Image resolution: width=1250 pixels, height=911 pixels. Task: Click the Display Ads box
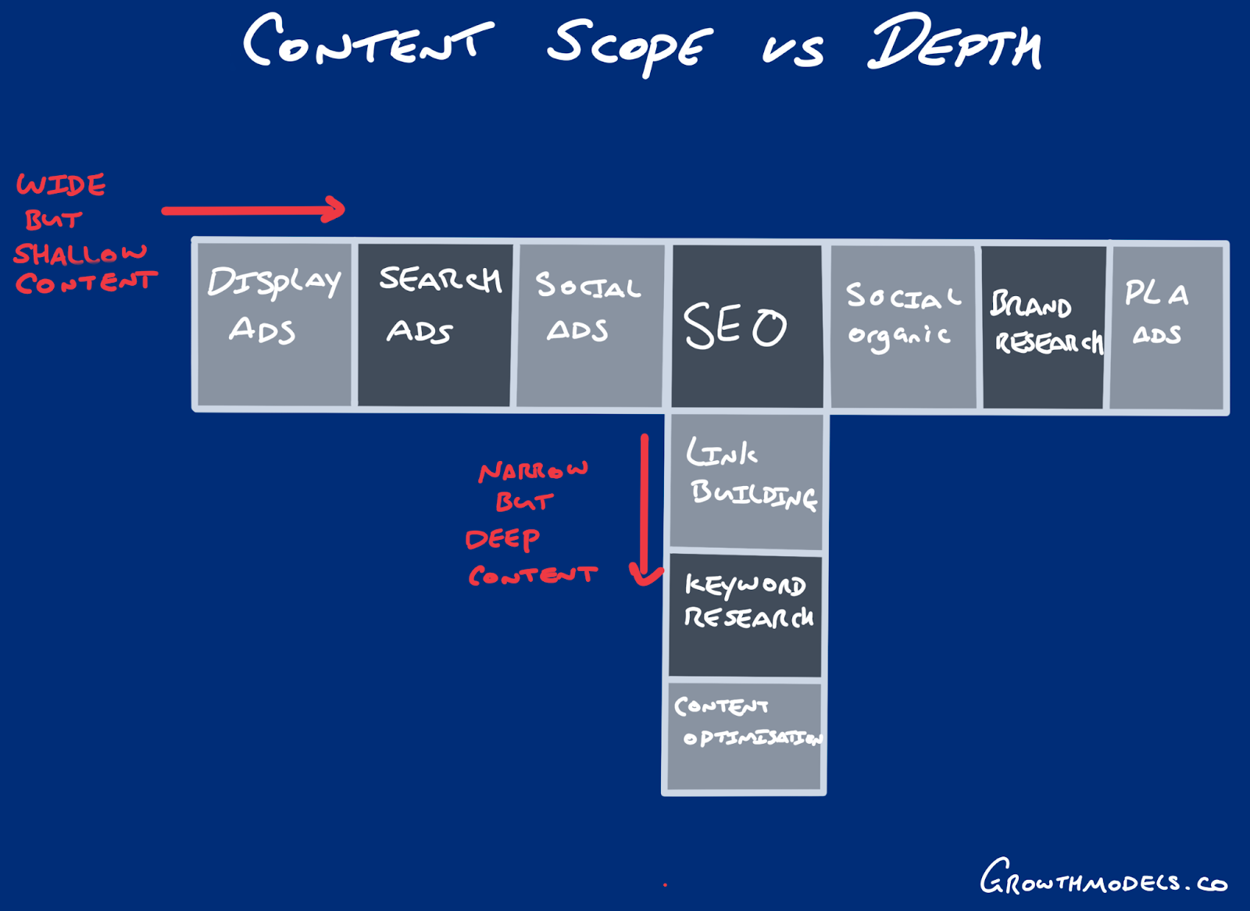click(274, 324)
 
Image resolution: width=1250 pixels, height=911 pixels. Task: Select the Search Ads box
click(434, 324)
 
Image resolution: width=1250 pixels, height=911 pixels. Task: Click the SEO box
click(746, 326)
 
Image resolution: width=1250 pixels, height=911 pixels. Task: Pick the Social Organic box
click(903, 326)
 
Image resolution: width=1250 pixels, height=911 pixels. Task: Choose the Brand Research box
click(1044, 327)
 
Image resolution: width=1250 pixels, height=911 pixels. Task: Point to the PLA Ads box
click(1166, 327)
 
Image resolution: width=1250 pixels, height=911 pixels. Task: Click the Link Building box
click(747, 481)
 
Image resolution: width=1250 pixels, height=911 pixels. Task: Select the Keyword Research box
click(745, 615)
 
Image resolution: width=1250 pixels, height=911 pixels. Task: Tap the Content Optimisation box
click(745, 736)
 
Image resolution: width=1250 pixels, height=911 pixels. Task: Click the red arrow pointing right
click(253, 209)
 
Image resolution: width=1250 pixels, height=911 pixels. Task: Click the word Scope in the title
click(629, 45)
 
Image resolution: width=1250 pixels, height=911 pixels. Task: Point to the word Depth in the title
click(954, 44)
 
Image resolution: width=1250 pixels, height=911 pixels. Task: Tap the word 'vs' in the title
click(792, 50)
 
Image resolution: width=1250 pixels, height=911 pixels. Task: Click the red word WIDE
click(61, 185)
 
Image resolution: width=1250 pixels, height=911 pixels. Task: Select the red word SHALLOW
click(80, 253)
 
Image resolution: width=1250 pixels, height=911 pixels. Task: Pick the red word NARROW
click(533, 470)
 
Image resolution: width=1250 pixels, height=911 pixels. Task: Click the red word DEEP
click(502, 539)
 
